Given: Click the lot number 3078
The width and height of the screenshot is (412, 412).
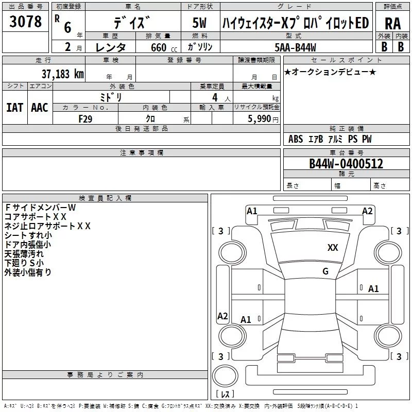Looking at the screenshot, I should [26, 23].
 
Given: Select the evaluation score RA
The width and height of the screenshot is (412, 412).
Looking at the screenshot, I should [392, 23].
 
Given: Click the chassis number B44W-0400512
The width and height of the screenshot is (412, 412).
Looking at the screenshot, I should [346, 164].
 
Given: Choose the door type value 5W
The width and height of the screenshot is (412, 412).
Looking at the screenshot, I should [199, 23].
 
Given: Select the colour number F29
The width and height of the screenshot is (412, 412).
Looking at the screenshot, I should [85, 118].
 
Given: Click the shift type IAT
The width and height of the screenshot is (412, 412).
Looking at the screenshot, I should [14, 108].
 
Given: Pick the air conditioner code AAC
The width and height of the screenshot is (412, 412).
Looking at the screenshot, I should [39, 108].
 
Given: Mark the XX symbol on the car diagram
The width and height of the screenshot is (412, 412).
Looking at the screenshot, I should [333, 248].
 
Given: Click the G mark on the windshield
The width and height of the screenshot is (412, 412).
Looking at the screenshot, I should [325, 271].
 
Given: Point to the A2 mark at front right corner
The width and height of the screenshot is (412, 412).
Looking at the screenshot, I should [367, 211].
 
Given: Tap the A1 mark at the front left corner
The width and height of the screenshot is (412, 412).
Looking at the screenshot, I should [252, 211].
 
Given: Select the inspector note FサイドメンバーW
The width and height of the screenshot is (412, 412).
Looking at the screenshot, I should [40, 207].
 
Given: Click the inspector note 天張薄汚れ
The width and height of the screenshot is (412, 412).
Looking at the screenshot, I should [24, 253].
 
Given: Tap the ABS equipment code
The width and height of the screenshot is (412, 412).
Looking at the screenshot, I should [296, 139].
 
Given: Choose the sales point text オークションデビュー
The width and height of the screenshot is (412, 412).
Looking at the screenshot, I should [330, 72].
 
